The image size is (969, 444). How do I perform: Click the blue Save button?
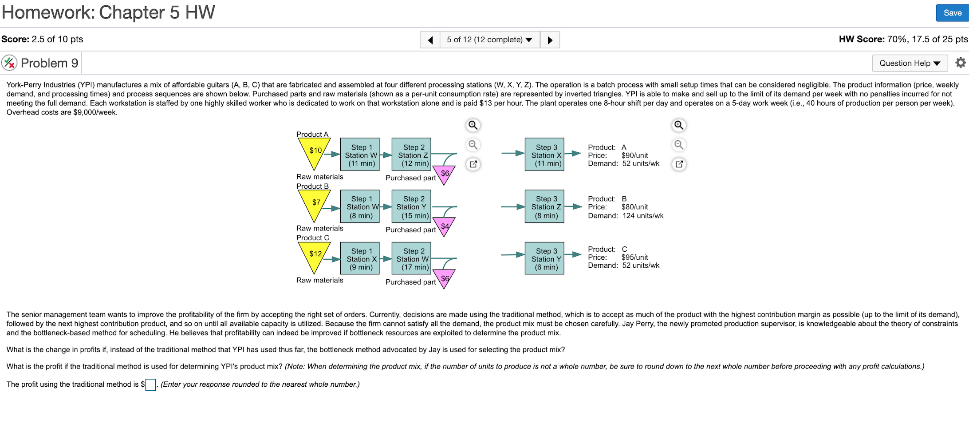pos(952,13)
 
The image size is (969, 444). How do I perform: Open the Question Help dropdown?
pos(909,63)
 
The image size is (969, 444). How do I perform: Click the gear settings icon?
pos(960,63)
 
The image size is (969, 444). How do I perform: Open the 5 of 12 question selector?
pos(489,40)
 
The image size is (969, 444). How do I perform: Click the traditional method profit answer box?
pos(150,385)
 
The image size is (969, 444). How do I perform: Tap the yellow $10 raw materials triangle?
pos(315,151)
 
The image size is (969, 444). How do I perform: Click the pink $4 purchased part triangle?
pos(444,226)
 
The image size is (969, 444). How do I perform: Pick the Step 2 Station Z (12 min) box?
pos(411,155)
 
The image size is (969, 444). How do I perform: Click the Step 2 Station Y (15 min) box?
pos(411,206)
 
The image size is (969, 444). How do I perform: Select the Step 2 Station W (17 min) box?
pos(411,258)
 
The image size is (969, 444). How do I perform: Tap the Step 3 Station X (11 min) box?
pos(544,155)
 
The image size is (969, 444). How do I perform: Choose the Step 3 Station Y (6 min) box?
pos(544,258)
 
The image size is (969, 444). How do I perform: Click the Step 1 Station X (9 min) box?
pos(360,258)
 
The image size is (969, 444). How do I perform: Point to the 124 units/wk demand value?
pos(642,216)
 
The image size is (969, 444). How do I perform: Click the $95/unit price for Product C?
pos(634,257)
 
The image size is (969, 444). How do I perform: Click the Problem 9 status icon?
pos(9,63)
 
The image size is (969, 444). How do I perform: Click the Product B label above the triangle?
pos(312,186)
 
